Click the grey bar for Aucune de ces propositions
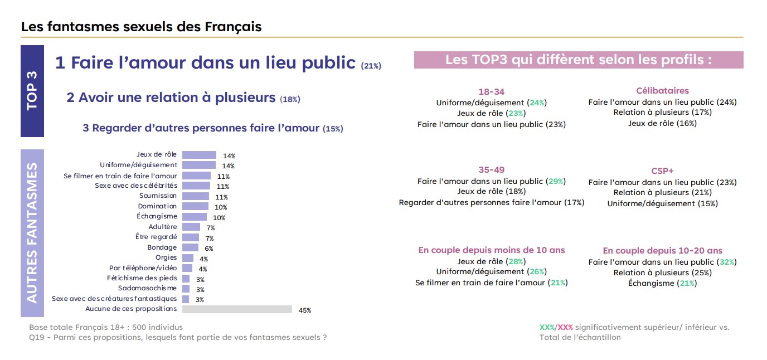237,309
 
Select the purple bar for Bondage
190,247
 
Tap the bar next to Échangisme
195,217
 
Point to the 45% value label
305,310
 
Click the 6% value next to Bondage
209,249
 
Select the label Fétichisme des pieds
142,278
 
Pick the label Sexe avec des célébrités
136,186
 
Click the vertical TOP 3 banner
32,91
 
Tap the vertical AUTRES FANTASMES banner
32,233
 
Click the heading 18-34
492,92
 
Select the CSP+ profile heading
662,171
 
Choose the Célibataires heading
662,91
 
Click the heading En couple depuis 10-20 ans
663,250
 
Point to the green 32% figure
727,262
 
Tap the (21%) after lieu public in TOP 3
371,66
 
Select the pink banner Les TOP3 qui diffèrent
579,60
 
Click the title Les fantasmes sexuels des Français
142,27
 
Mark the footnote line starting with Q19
178,337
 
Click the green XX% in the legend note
547,328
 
